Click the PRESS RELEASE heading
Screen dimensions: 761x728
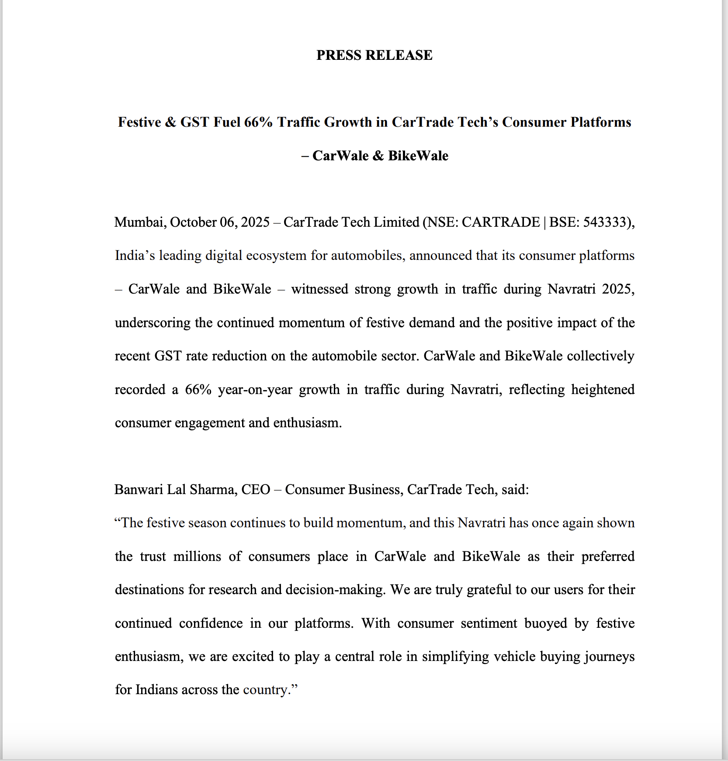(x=374, y=55)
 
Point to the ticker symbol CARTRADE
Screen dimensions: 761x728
(x=501, y=222)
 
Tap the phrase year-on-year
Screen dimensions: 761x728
(x=255, y=389)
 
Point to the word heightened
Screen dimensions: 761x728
(x=603, y=389)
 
